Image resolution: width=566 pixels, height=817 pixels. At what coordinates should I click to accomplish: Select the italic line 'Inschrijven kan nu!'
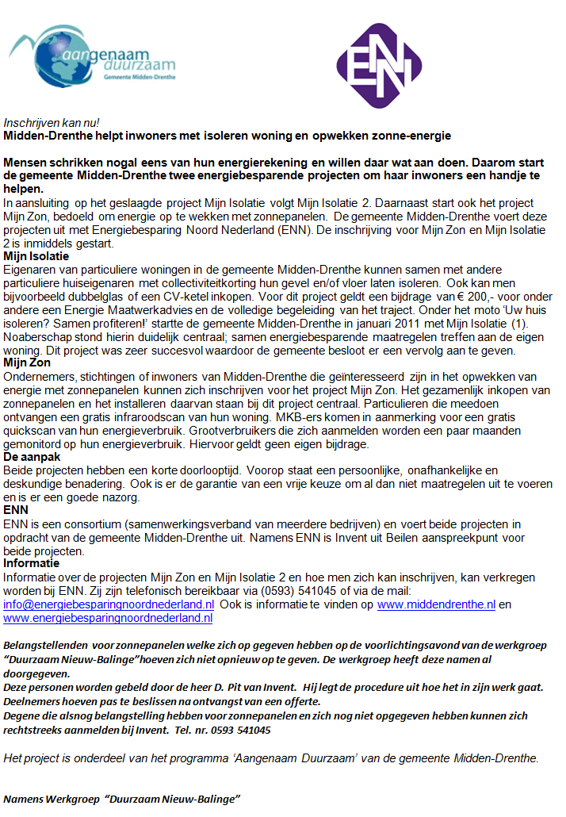[52, 123]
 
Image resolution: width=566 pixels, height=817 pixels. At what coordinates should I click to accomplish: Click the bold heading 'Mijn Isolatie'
[36, 256]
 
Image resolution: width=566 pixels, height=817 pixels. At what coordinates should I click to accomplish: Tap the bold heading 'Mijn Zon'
[28, 362]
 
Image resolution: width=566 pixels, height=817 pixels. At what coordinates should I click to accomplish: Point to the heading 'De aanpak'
[32, 457]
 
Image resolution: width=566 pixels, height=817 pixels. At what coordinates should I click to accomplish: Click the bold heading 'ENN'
[16, 510]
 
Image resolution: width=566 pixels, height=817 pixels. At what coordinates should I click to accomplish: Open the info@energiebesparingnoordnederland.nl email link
[109, 604]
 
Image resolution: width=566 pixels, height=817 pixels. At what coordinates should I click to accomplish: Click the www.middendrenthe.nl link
[436, 604]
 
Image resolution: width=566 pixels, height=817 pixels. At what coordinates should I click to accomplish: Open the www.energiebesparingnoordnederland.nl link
[109, 617]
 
